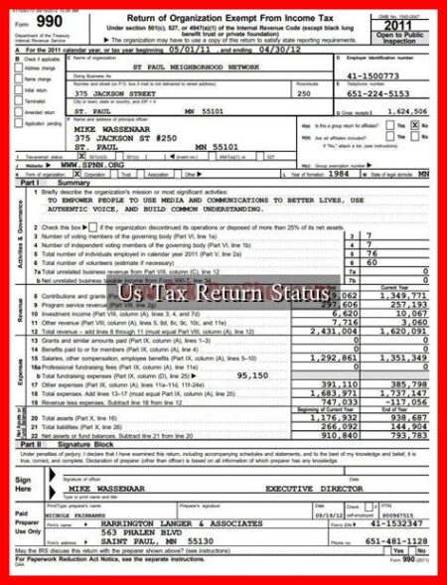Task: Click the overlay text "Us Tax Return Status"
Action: click(223, 294)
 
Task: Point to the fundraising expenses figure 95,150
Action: click(252, 375)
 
